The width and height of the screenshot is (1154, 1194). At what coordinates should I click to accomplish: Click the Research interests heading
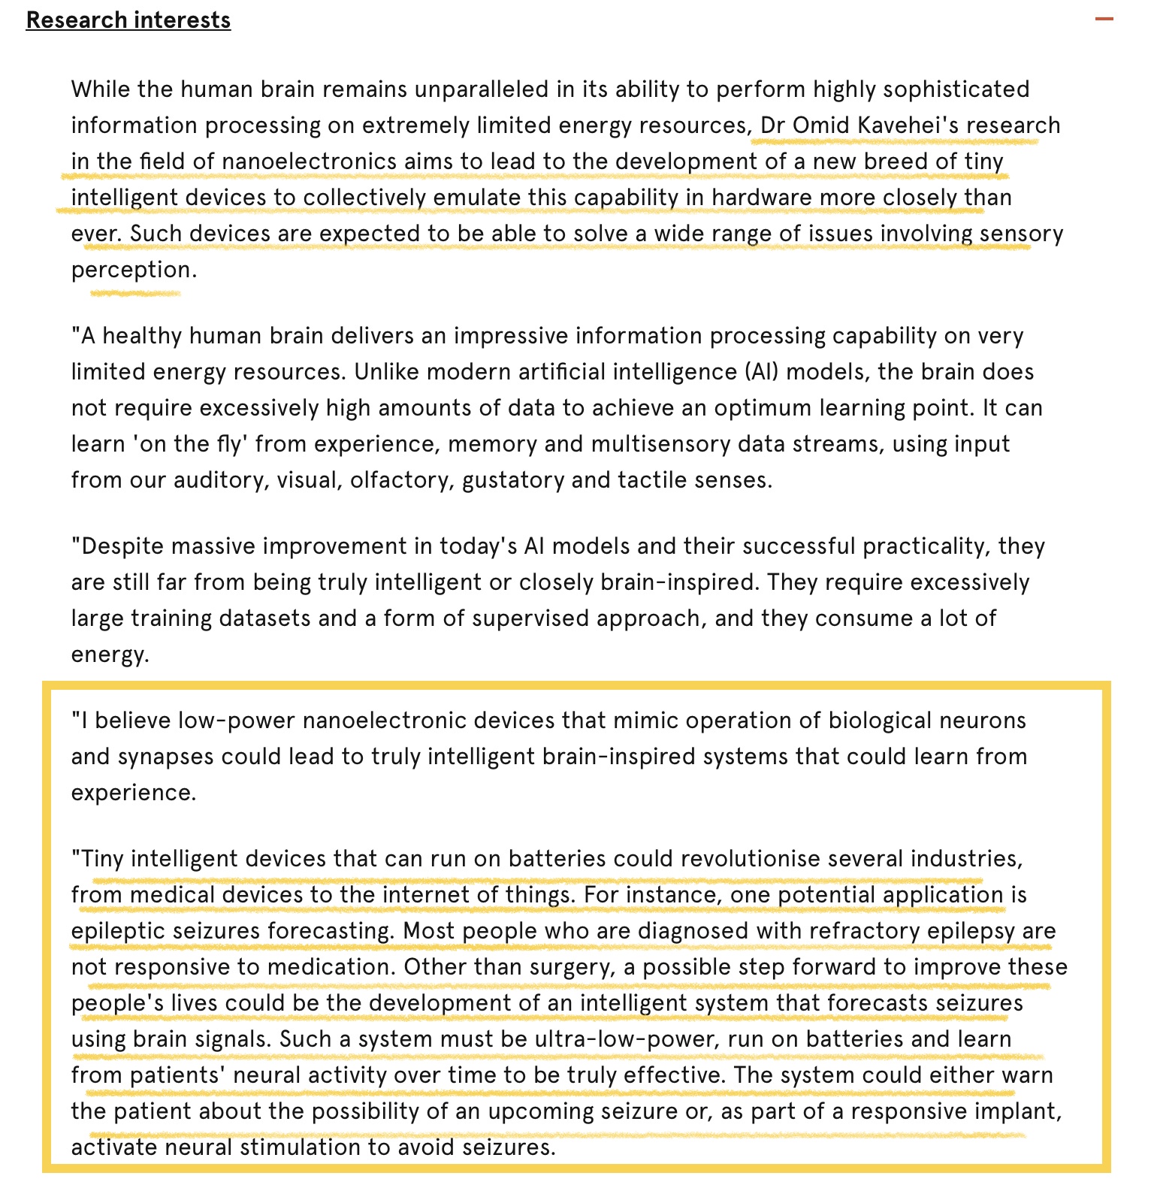point(128,20)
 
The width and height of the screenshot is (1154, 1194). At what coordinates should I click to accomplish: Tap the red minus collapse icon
point(1104,19)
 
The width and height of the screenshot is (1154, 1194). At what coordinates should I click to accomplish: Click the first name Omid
point(821,125)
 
